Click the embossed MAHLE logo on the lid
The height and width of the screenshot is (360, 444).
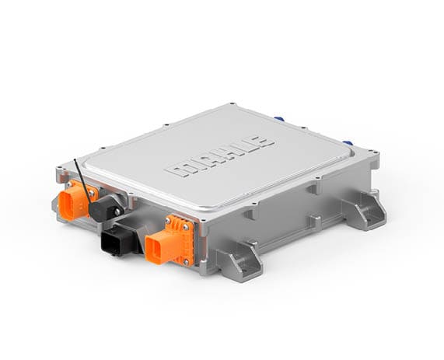219,158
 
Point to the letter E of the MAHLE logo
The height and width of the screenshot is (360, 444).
261,142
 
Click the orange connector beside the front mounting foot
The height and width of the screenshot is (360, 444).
170,240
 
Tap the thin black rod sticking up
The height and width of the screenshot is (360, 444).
82,181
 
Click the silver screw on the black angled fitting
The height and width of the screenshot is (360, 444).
117,211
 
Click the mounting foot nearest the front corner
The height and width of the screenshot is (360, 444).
240,261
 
